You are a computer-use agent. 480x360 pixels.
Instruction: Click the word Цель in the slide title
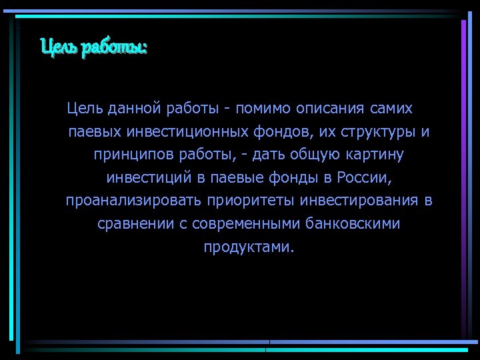(x=59, y=48)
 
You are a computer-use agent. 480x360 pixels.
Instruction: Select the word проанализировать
(x=133, y=201)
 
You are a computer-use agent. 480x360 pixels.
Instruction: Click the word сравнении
(x=135, y=224)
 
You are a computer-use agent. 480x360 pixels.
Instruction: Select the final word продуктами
(x=248, y=247)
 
